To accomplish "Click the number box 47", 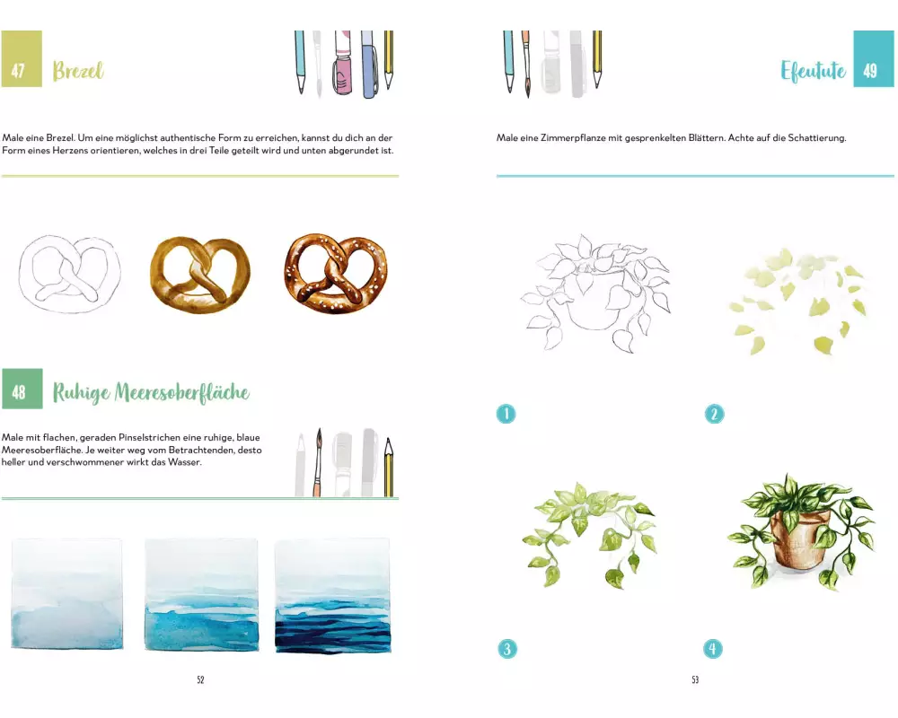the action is pyautogui.click(x=22, y=59).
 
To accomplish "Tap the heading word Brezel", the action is pyautogui.click(x=78, y=71).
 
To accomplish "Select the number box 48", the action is pyautogui.click(x=22, y=389).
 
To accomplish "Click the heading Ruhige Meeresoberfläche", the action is pyautogui.click(x=151, y=392).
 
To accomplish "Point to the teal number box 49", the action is pyautogui.click(x=874, y=59).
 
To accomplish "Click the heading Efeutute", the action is pyautogui.click(x=814, y=71).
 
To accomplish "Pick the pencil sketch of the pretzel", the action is pyautogui.click(x=70, y=275).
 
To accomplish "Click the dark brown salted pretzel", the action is pyautogui.click(x=336, y=274).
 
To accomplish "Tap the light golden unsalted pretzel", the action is pyautogui.click(x=200, y=275).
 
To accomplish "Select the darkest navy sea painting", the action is pyautogui.click(x=333, y=595).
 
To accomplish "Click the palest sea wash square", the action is pyautogui.click(x=67, y=594).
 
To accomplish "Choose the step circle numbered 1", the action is pyautogui.click(x=506, y=414).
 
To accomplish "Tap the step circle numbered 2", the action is pyautogui.click(x=714, y=414).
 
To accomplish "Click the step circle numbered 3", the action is pyautogui.click(x=506, y=649).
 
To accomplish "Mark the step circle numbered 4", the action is pyautogui.click(x=713, y=649).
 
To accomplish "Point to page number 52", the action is pyautogui.click(x=200, y=679).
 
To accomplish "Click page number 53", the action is pyautogui.click(x=695, y=679).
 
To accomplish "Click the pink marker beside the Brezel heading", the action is pyautogui.click(x=342, y=63).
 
